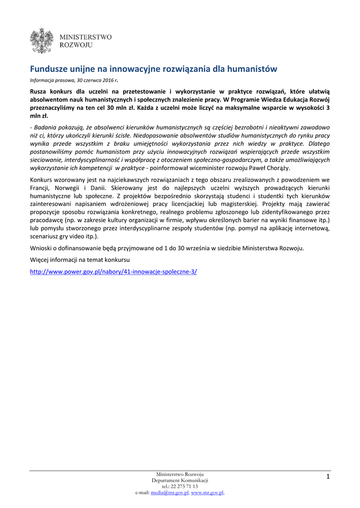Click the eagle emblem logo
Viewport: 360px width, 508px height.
42,41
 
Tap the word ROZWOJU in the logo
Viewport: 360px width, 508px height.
76,45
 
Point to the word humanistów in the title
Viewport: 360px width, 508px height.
251,68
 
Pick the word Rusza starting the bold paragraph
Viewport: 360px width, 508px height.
40,92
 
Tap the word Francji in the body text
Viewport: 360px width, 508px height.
41,189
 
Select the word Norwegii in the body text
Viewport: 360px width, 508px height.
71,189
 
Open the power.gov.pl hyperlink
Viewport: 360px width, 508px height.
114,271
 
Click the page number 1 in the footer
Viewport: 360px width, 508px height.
328,477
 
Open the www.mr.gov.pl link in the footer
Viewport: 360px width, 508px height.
207,493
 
